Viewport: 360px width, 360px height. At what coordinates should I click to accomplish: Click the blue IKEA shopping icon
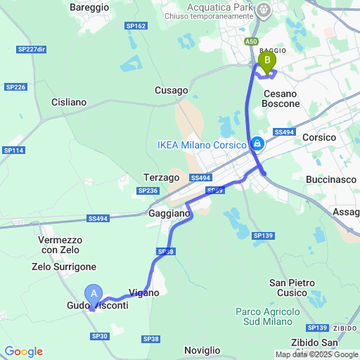pos(257,143)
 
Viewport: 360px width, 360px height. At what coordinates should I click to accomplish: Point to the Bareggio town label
pos(89,6)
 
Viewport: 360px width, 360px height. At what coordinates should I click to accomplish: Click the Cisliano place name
pos(69,102)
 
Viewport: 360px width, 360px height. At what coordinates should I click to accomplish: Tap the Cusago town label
pos(172,91)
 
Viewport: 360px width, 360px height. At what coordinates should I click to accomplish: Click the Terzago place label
pos(162,178)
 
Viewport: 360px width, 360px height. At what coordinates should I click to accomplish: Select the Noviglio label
pos(202,349)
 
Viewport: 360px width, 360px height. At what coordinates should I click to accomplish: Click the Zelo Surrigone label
pos(63,267)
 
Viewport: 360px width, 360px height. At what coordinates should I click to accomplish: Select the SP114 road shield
pos(13,150)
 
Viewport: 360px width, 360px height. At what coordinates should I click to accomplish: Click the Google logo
pos(23,352)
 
